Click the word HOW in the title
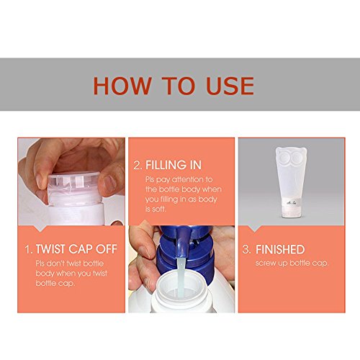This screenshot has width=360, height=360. (122, 86)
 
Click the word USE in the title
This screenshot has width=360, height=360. (230, 86)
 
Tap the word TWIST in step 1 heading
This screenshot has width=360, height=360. (50, 249)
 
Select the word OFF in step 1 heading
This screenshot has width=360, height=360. (107, 249)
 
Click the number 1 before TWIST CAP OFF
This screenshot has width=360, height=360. (28, 249)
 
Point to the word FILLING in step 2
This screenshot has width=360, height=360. (166, 165)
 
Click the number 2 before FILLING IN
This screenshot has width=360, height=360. (138, 166)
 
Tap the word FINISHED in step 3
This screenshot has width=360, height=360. (280, 249)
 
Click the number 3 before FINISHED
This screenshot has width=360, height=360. (246, 249)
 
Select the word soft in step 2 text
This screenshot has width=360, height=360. (158, 209)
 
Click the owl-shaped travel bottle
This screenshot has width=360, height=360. (291, 182)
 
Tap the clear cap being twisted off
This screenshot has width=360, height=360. (74, 184)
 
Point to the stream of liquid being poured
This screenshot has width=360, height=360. (181, 276)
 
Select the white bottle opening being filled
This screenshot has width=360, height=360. (181, 289)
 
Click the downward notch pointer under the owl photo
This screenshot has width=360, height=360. (254, 228)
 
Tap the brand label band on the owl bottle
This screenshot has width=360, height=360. (291, 202)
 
